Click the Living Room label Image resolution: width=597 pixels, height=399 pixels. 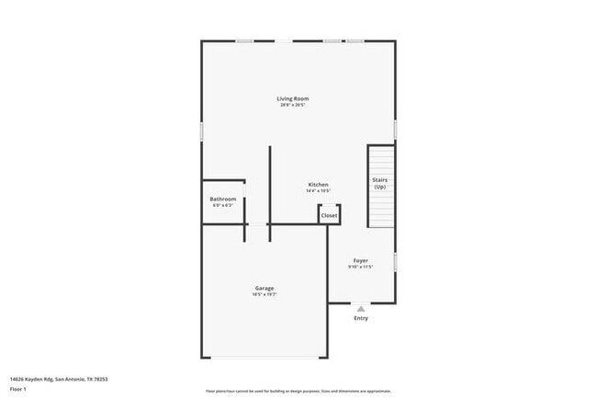pos(293,98)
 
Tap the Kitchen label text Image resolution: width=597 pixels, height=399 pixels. pos(318,185)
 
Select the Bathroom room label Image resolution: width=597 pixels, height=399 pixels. pos(223,199)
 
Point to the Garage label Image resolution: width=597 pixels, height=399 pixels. pos(265,289)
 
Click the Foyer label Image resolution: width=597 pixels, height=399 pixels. pos(361,260)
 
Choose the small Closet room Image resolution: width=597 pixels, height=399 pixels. pos(329,215)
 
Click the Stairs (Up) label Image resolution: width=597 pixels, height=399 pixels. pos(379,183)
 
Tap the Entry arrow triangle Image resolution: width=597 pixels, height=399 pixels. pos(361,309)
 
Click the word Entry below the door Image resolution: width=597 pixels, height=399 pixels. pos(361,318)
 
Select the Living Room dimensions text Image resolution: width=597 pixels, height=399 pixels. pos(293,105)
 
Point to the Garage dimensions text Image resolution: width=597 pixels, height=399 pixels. pos(265,295)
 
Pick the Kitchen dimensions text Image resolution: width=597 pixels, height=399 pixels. pos(318,191)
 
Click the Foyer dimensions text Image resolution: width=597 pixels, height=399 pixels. pos(361,267)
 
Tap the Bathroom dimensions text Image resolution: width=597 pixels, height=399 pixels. pos(223,206)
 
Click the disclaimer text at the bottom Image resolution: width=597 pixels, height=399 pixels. pos(298,390)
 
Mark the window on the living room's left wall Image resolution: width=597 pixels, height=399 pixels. pos(202,131)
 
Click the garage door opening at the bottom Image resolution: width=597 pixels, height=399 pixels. pos(265,357)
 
